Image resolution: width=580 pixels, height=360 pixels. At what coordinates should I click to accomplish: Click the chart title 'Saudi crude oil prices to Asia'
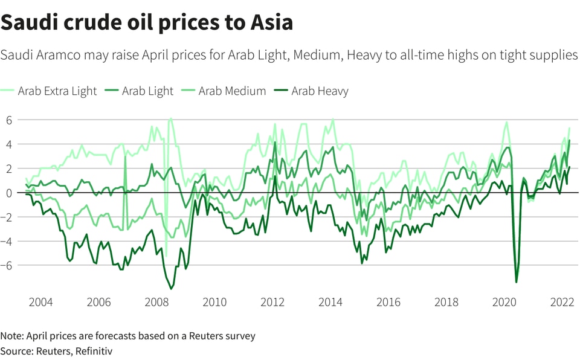tap(147, 22)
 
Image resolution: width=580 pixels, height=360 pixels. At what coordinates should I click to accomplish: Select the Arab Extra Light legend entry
tap(57, 91)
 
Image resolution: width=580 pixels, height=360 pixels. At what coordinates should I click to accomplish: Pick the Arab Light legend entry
tap(147, 91)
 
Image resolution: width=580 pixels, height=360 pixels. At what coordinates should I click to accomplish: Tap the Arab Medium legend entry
tap(232, 91)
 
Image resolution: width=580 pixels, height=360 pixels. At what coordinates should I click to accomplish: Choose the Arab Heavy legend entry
tap(320, 91)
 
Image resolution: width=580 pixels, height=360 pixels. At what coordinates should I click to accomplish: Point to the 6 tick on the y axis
tap(9, 120)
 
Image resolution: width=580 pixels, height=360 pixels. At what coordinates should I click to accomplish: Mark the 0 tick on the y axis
tap(9, 193)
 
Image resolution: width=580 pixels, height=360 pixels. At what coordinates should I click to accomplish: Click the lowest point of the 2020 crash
tap(516, 282)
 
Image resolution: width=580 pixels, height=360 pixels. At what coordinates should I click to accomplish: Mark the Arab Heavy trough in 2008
tap(171, 289)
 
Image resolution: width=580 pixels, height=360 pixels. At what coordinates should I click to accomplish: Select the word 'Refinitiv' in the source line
tap(93, 350)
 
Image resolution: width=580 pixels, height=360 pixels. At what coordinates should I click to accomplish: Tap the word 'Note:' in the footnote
tap(13, 335)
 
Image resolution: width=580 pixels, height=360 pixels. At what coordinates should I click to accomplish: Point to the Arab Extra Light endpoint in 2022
tap(569, 128)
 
